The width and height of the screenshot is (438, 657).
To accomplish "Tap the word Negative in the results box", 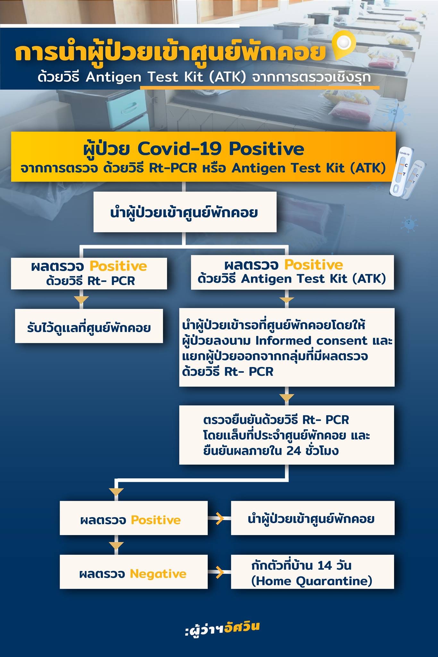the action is coord(158,573).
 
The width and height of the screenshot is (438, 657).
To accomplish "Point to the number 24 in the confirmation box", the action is coord(294,451).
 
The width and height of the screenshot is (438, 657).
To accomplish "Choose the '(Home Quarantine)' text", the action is coord(312,581).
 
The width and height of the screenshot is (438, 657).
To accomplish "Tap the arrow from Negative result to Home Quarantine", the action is coord(219,572).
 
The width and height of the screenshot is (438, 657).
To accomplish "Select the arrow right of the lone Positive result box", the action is coord(219,518).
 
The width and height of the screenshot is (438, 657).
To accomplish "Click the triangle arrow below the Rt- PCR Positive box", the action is coord(81,300).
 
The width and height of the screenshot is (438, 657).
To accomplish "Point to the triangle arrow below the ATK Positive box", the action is coord(287,300).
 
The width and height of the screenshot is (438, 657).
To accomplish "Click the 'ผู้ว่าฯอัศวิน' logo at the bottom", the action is coord(222,628).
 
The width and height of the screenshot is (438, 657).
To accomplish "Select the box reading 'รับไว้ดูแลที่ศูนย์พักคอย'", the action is coord(89,326).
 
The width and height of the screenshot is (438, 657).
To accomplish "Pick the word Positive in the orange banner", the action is coord(266,149).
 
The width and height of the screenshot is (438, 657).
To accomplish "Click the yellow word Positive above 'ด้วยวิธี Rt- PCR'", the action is coord(118,266).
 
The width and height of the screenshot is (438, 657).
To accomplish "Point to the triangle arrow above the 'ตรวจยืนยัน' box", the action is coord(287,397).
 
